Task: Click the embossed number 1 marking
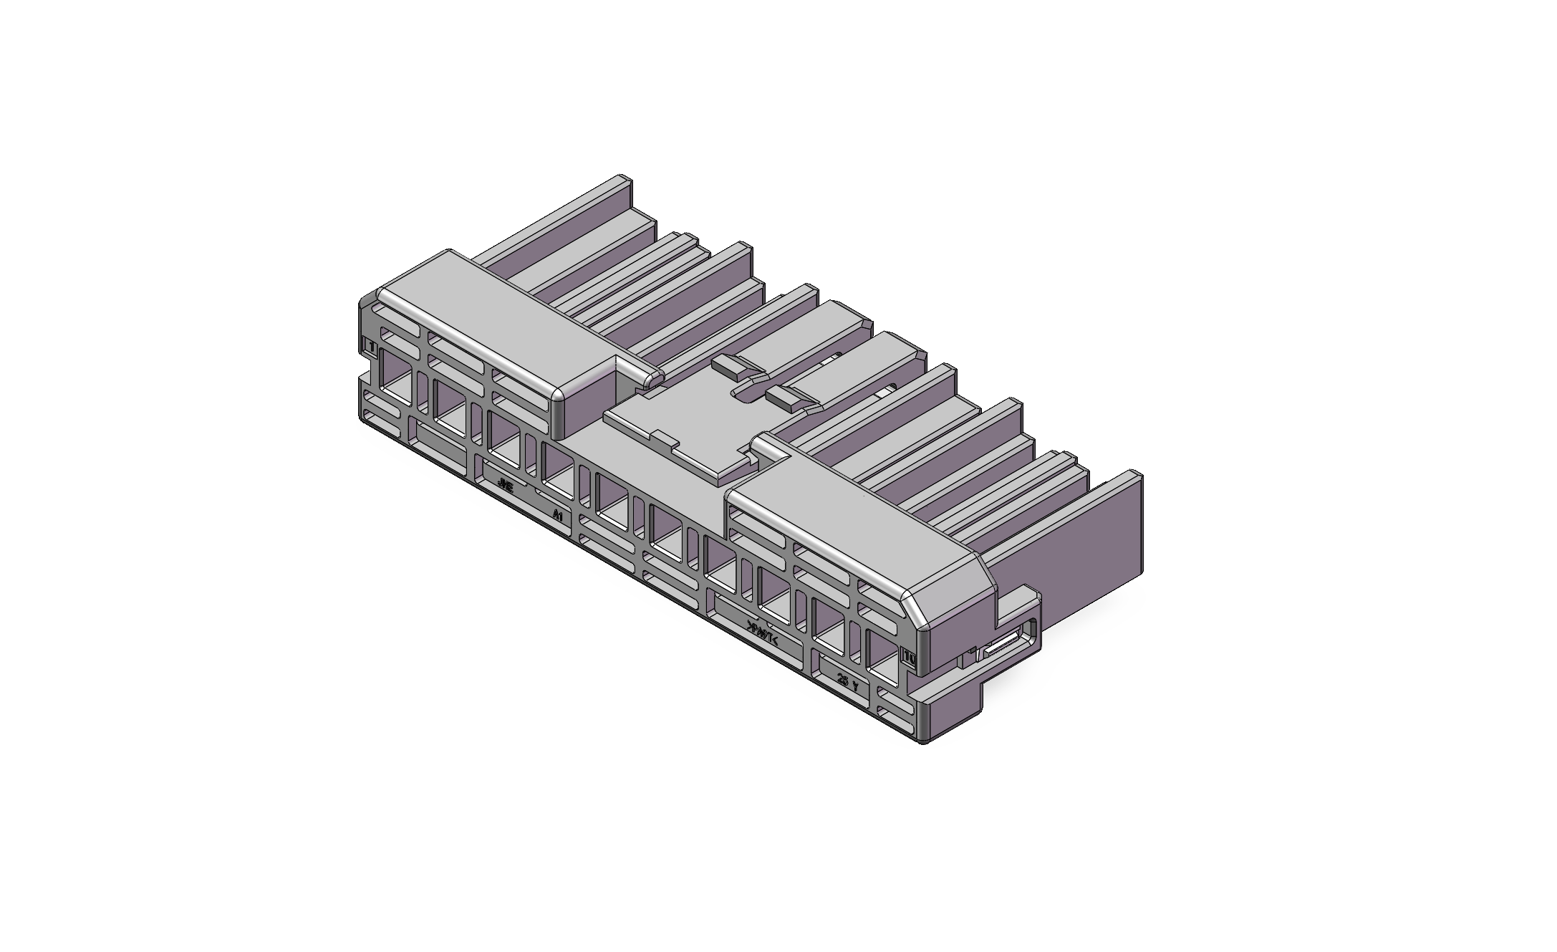[371, 347]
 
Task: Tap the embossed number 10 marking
[909, 656]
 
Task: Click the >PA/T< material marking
[762, 632]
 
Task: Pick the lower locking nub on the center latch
[791, 398]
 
